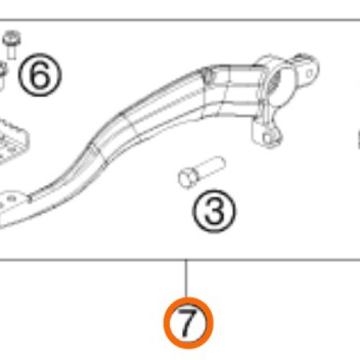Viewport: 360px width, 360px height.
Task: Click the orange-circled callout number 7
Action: point(187,322)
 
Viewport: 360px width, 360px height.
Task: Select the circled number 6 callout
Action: point(40,75)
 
